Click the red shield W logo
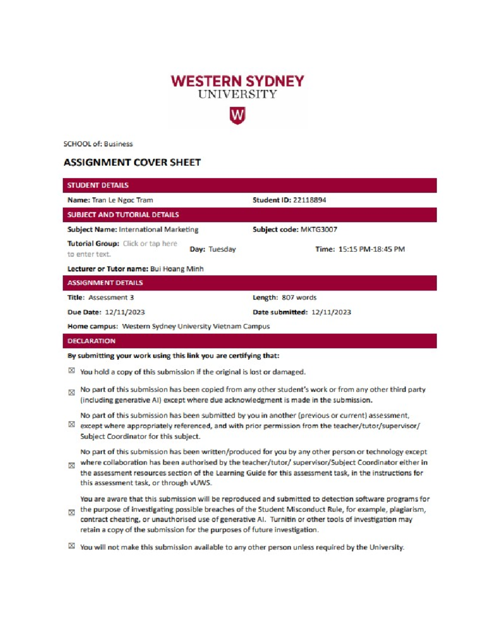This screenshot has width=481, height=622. pos(237,115)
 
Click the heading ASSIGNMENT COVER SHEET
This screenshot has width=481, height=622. pos(132,162)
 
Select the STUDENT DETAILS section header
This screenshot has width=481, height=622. pos(98,185)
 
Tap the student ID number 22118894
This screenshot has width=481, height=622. pos(309,200)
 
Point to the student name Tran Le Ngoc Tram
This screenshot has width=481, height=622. pos(122,200)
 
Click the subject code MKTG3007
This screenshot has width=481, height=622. pos(319,229)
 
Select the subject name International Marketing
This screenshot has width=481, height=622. pos(158,229)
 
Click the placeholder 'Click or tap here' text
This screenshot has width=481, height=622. pos(150,244)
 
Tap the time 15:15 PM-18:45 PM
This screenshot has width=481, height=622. pos(372,249)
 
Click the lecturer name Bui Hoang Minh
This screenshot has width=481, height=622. pos(177,269)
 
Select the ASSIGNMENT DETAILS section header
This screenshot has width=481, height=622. pos(105,283)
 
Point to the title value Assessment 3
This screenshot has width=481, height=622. pos(111,298)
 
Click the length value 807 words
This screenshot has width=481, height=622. pos(299,298)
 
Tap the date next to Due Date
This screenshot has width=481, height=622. pos(125,312)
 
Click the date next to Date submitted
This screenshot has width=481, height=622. pos(331,312)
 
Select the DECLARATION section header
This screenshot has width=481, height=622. pos(91,341)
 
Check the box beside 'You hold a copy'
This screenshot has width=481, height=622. pos(71,370)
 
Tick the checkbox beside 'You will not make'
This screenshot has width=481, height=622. pos(71,546)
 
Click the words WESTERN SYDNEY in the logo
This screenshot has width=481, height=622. pos(237,81)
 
